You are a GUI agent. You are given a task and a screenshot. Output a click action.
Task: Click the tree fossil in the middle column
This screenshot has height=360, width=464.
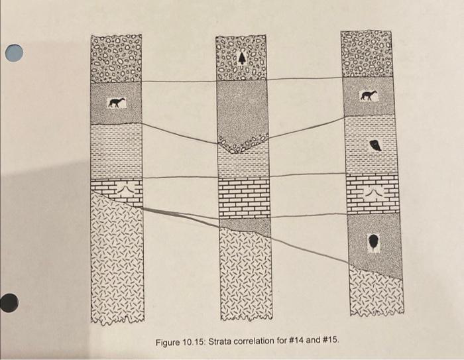point(242,58)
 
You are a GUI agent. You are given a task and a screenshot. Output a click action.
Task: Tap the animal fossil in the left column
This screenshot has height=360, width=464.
point(117,103)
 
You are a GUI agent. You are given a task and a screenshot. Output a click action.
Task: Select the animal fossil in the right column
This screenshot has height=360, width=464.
point(368,96)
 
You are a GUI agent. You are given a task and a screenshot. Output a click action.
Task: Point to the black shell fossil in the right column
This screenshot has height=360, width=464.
point(375,146)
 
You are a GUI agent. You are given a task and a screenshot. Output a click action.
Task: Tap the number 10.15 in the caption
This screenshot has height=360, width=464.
point(201,342)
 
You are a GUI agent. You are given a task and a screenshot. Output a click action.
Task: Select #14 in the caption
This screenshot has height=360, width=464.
point(302,342)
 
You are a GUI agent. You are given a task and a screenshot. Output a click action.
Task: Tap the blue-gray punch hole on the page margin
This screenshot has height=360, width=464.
point(18,54)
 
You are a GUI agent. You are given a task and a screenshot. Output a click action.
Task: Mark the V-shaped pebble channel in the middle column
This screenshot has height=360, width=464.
point(242,143)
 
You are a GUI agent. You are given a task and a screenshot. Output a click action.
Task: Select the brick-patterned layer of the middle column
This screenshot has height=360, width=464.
point(244,198)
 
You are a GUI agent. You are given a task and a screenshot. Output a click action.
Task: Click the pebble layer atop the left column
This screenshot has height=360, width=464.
point(116,58)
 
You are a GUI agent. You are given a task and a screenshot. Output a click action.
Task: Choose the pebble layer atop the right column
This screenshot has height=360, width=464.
point(367,53)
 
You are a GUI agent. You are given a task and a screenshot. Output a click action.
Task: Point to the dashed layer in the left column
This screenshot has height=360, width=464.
point(116,151)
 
